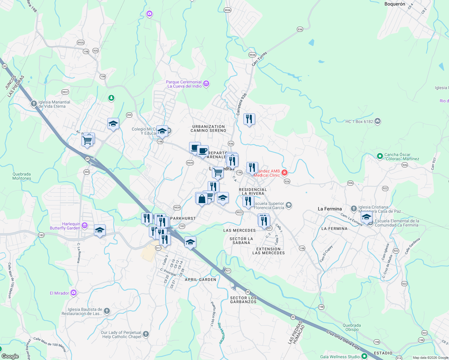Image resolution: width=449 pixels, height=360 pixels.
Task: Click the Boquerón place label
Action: (395, 4)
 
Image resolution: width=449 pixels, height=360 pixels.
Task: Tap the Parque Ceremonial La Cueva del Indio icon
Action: (206, 84)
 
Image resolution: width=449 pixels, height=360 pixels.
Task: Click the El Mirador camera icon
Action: (74, 293)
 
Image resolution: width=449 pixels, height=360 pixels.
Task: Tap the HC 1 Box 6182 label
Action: (359, 121)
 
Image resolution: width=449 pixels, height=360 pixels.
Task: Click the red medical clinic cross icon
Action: (284, 172)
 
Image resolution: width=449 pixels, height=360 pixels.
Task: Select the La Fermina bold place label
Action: (330, 209)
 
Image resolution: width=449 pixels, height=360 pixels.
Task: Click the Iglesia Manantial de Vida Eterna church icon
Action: (34, 104)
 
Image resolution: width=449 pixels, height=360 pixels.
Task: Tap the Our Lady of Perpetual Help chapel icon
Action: (146, 334)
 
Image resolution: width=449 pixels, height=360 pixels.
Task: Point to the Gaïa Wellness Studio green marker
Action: (364, 356)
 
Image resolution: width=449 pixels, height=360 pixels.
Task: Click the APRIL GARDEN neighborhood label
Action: (200, 280)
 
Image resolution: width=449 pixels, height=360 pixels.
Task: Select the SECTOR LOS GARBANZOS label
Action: (243, 300)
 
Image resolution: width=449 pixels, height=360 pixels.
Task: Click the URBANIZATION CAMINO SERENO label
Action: (208, 128)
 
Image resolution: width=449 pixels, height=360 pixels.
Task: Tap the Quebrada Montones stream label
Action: (22, 176)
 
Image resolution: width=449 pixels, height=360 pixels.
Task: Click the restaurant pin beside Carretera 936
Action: (249, 119)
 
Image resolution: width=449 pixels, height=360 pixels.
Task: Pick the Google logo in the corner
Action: (10, 356)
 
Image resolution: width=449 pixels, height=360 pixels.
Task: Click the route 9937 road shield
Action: (65, 92)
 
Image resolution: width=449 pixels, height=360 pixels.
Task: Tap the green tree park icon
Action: (111, 98)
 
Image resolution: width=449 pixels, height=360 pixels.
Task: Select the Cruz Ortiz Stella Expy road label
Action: (343, 340)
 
